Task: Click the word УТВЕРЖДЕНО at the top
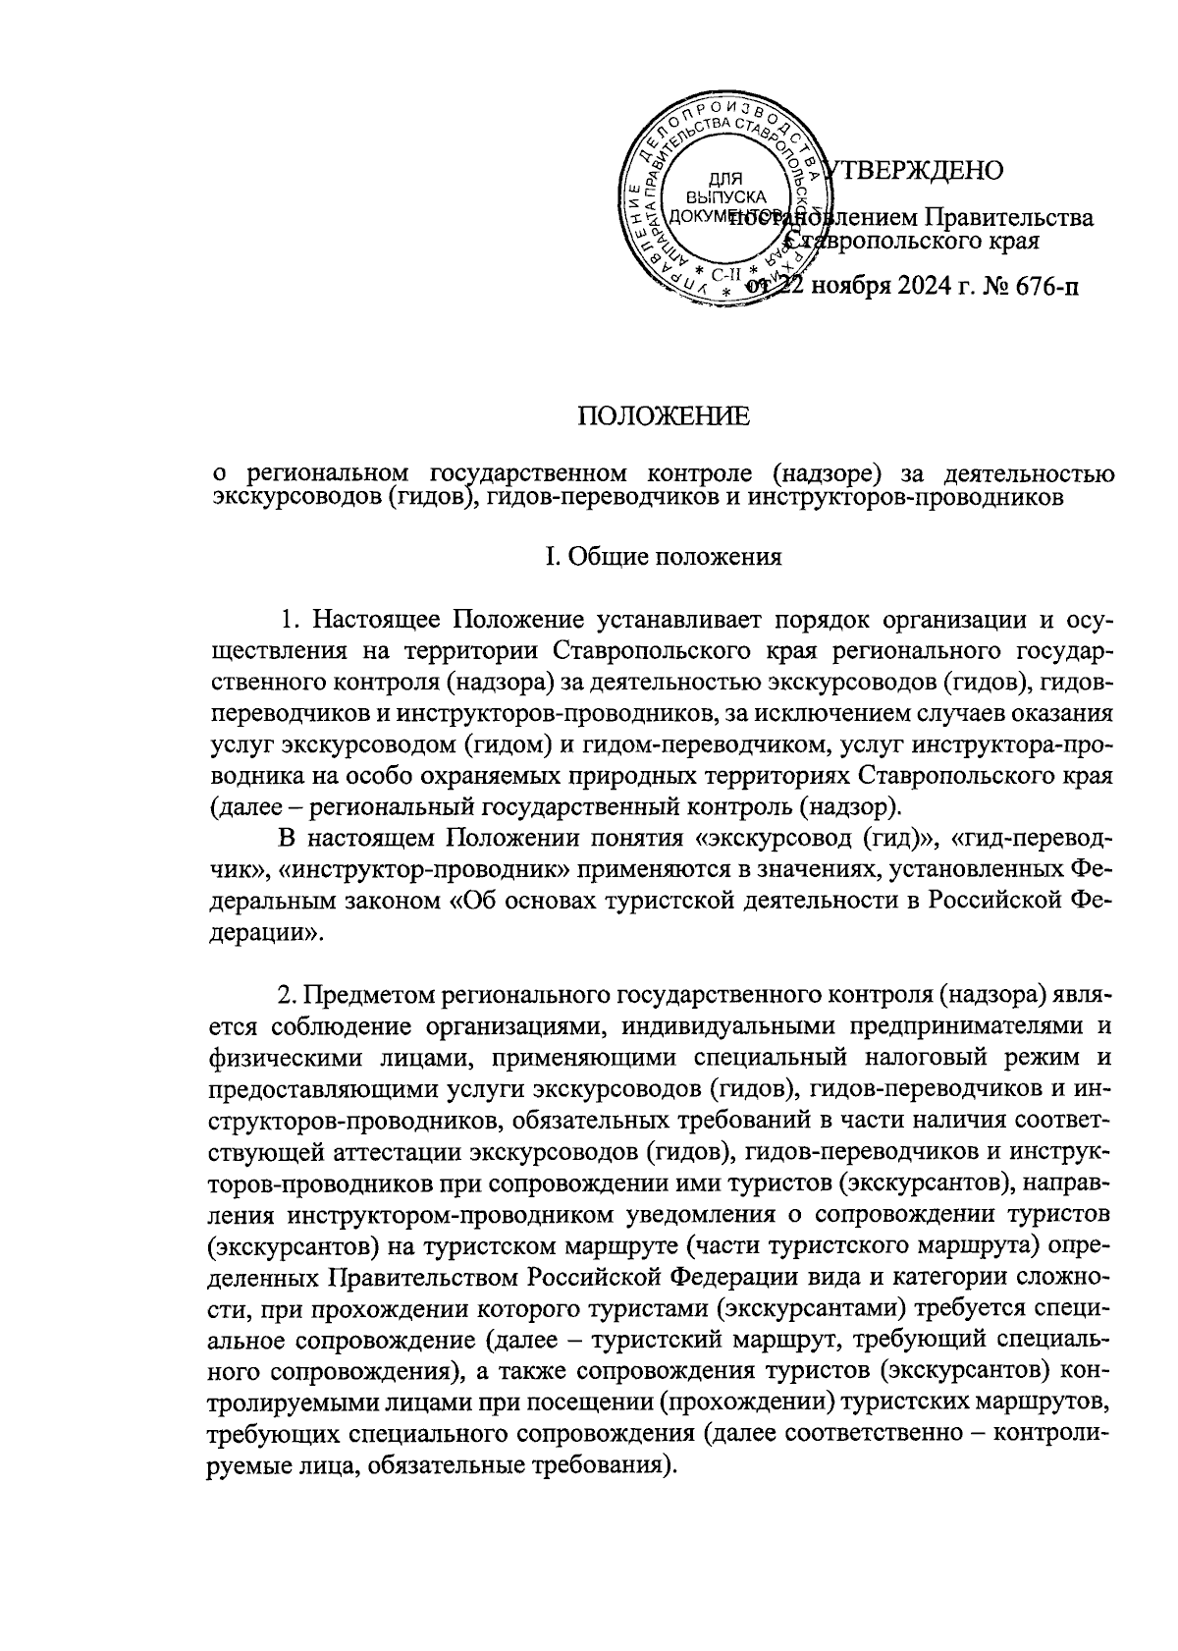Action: [x=914, y=171]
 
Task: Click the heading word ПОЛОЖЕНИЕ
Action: [x=663, y=416]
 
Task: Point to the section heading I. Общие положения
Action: [x=664, y=558]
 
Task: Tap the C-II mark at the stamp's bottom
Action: [x=726, y=274]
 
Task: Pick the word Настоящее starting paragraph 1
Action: [x=378, y=621]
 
